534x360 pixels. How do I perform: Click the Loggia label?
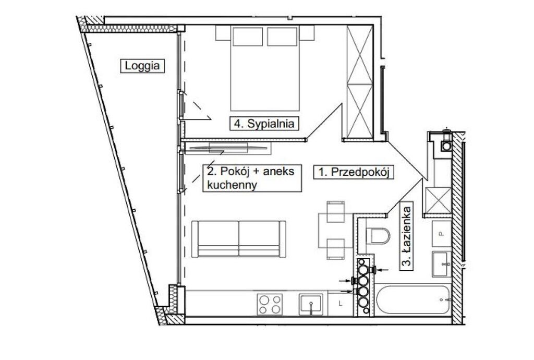tap(142, 66)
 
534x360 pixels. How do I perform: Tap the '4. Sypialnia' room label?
tap(264, 123)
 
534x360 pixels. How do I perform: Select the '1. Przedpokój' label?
tap(354, 172)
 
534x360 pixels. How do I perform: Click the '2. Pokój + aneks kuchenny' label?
tap(252, 178)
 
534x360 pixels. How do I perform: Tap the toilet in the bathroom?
tap(378, 236)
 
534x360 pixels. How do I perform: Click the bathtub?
tap(413, 299)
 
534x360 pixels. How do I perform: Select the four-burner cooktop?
tap(270, 304)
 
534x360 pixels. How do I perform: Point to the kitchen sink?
tap(311, 304)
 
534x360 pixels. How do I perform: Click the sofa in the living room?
tap(239, 239)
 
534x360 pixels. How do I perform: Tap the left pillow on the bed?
tap(248, 37)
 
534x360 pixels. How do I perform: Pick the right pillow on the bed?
tap(282, 37)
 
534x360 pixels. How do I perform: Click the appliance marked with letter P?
tap(441, 234)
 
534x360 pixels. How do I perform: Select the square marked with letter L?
tap(341, 304)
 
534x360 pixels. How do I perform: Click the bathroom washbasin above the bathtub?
tap(442, 264)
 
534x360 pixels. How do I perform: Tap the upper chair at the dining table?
tap(335, 211)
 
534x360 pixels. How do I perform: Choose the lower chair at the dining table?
tap(335, 249)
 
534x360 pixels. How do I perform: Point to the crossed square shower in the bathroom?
tap(438, 200)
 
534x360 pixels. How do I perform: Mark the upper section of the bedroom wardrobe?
tap(360, 54)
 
